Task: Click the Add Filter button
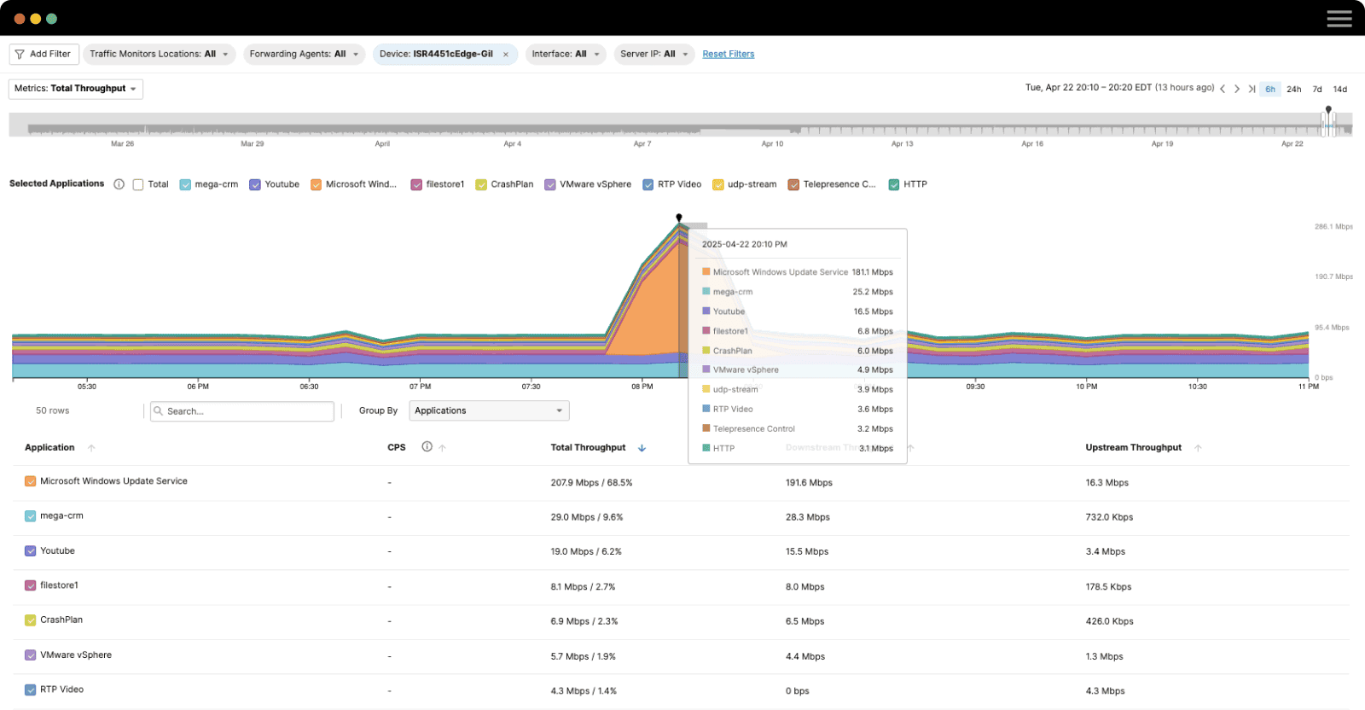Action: click(x=44, y=54)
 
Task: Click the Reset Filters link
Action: click(x=728, y=54)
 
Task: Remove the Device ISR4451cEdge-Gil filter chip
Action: click(x=506, y=55)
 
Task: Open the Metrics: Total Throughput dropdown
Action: click(x=75, y=89)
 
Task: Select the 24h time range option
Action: click(x=1293, y=89)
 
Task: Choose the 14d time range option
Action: click(x=1339, y=89)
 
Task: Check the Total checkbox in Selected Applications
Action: click(x=138, y=184)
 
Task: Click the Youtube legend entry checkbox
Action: click(x=255, y=184)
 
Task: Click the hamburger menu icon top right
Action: click(x=1339, y=18)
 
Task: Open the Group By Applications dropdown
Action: click(x=489, y=410)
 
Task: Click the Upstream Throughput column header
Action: click(x=1133, y=447)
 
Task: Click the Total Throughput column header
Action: click(x=588, y=447)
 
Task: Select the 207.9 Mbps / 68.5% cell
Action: click(x=591, y=482)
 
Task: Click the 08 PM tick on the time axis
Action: click(x=642, y=386)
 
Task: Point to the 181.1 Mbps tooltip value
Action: click(x=872, y=272)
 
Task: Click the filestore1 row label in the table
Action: click(x=59, y=585)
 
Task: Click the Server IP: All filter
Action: click(x=653, y=54)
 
